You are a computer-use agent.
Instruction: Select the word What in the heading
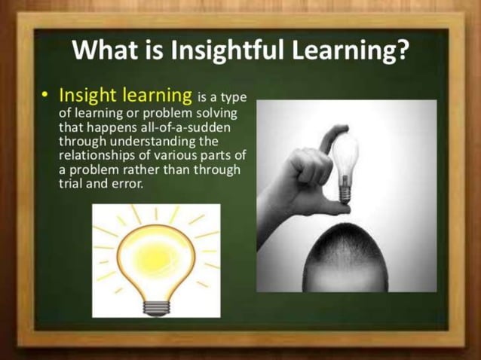pyautogui.click(x=101, y=50)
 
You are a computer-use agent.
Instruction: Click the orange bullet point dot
pyautogui.click(x=46, y=96)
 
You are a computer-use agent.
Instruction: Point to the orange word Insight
pyautogui.click(x=86, y=96)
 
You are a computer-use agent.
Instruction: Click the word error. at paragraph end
pyautogui.click(x=125, y=183)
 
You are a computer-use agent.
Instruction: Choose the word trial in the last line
pyautogui.click(x=72, y=183)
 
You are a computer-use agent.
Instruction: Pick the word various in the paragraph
pyautogui.click(x=180, y=155)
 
